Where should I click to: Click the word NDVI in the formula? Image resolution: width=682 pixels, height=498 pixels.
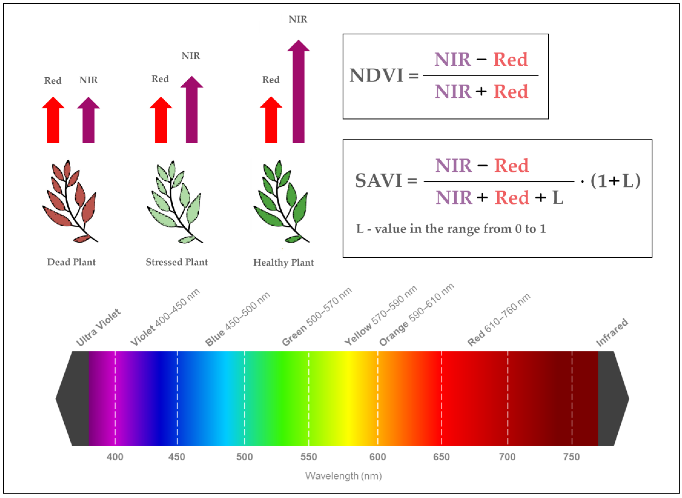tap(376, 75)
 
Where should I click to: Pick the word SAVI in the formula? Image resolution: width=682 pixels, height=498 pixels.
tap(379, 181)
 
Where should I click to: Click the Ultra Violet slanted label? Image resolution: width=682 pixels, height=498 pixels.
tap(98, 328)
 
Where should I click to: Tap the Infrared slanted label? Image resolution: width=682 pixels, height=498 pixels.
tap(612, 333)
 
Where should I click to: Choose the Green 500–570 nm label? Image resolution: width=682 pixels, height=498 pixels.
tap(317, 317)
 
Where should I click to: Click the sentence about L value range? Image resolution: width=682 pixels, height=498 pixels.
tap(451, 229)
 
